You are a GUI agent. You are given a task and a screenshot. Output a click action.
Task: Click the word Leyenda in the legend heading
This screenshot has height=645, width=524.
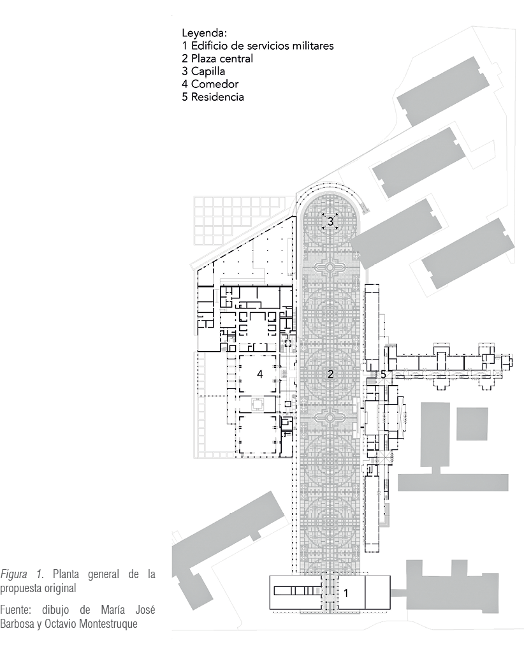click(x=204, y=33)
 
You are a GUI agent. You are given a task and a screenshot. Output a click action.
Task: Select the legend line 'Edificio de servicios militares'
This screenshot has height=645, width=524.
click(x=263, y=46)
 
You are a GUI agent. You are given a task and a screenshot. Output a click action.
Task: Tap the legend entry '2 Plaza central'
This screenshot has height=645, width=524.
click(x=217, y=59)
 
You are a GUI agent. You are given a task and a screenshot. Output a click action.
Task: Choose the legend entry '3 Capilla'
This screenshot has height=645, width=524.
click(x=203, y=71)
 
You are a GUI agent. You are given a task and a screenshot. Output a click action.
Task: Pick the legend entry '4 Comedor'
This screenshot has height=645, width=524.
click(x=210, y=84)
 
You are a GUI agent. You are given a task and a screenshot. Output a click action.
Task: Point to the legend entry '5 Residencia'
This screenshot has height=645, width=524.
click(x=213, y=97)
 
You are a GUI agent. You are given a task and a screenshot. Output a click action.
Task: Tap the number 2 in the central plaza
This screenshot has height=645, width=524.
click(x=330, y=374)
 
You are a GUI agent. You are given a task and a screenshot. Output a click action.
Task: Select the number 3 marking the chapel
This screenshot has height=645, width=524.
click(x=330, y=222)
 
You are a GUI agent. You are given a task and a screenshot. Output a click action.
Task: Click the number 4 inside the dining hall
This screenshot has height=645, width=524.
click(x=259, y=374)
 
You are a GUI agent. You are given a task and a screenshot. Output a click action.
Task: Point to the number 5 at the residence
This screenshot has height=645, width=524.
click(x=383, y=375)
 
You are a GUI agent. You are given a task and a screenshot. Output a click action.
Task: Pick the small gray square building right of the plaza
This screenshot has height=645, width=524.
click(x=472, y=424)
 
